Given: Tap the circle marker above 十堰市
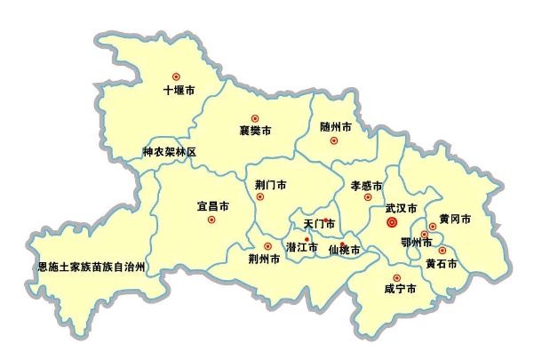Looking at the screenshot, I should click(176, 76).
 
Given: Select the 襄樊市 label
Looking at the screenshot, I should click(255, 131).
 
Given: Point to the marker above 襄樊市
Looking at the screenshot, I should click(255, 117).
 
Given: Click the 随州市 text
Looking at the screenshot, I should click(335, 127).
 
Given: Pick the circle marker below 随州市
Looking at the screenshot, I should click(334, 140).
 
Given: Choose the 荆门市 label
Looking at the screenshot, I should click(270, 185).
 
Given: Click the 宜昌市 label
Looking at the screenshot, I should click(212, 205).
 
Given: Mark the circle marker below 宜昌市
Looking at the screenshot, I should click(211, 220).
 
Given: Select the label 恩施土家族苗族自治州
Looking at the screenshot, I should click(91, 266).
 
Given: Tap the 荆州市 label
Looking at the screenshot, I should click(265, 260).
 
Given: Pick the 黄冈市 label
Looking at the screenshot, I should click(454, 219).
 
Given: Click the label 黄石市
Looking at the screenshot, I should click(441, 263).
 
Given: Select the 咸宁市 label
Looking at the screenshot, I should click(400, 290).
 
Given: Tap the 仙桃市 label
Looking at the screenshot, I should click(344, 251).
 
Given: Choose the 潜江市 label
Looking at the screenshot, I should click(301, 246).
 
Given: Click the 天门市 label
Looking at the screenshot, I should click(319, 223).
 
